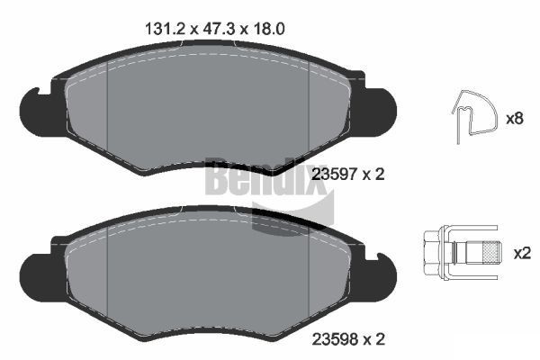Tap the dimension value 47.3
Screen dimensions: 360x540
click(211, 28)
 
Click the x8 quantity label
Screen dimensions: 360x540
click(515, 118)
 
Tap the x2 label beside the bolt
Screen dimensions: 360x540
click(521, 253)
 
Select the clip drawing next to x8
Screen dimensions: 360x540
click(473, 117)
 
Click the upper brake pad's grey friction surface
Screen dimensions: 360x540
click(207, 112)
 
